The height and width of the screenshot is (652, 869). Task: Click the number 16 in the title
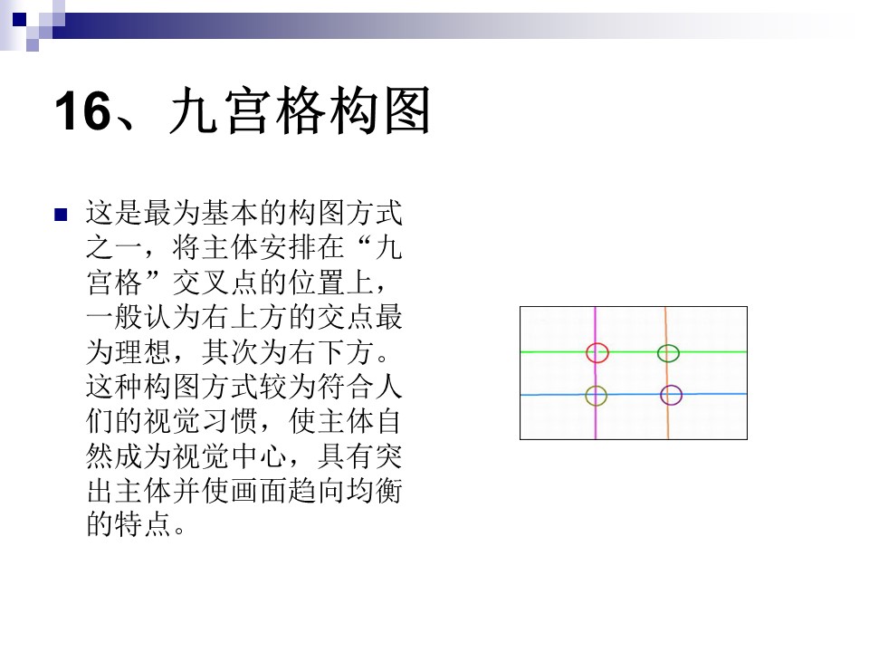pyautogui.click(x=83, y=110)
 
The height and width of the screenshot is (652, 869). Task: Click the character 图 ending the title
pyautogui.click(x=407, y=110)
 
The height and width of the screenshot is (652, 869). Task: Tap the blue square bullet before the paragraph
pyautogui.click(x=61, y=215)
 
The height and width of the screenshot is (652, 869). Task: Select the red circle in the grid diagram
pyautogui.click(x=597, y=352)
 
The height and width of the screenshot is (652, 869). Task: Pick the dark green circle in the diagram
pyautogui.click(x=668, y=353)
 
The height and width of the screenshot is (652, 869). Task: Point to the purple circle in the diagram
pyautogui.click(x=671, y=396)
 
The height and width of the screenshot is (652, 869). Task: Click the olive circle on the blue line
pyautogui.click(x=596, y=396)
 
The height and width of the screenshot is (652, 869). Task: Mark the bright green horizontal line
pyautogui.click(x=634, y=352)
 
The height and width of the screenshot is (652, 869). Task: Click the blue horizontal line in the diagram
pyautogui.click(x=634, y=394)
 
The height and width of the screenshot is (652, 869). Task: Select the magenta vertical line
pyautogui.click(x=596, y=373)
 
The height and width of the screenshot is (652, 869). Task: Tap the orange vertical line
pyautogui.click(x=667, y=373)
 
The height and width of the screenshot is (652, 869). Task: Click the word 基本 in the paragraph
pyautogui.click(x=230, y=214)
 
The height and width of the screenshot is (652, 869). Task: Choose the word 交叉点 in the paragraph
pyautogui.click(x=215, y=283)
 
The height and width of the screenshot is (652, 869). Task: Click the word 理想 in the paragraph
pyautogui.click(x=144, y=352)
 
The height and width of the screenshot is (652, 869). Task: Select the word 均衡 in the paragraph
pyautogui.click(x=374, y=491)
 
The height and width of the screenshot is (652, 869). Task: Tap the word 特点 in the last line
pyautogui.click(x=144, y=525)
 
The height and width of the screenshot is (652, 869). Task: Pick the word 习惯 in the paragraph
pyautogui.click(x=230, y=421)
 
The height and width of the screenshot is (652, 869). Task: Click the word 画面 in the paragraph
pyautogui.click(x=259, y=491)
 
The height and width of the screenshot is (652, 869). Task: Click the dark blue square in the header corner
pyautogui.click(x=19, y=20)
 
